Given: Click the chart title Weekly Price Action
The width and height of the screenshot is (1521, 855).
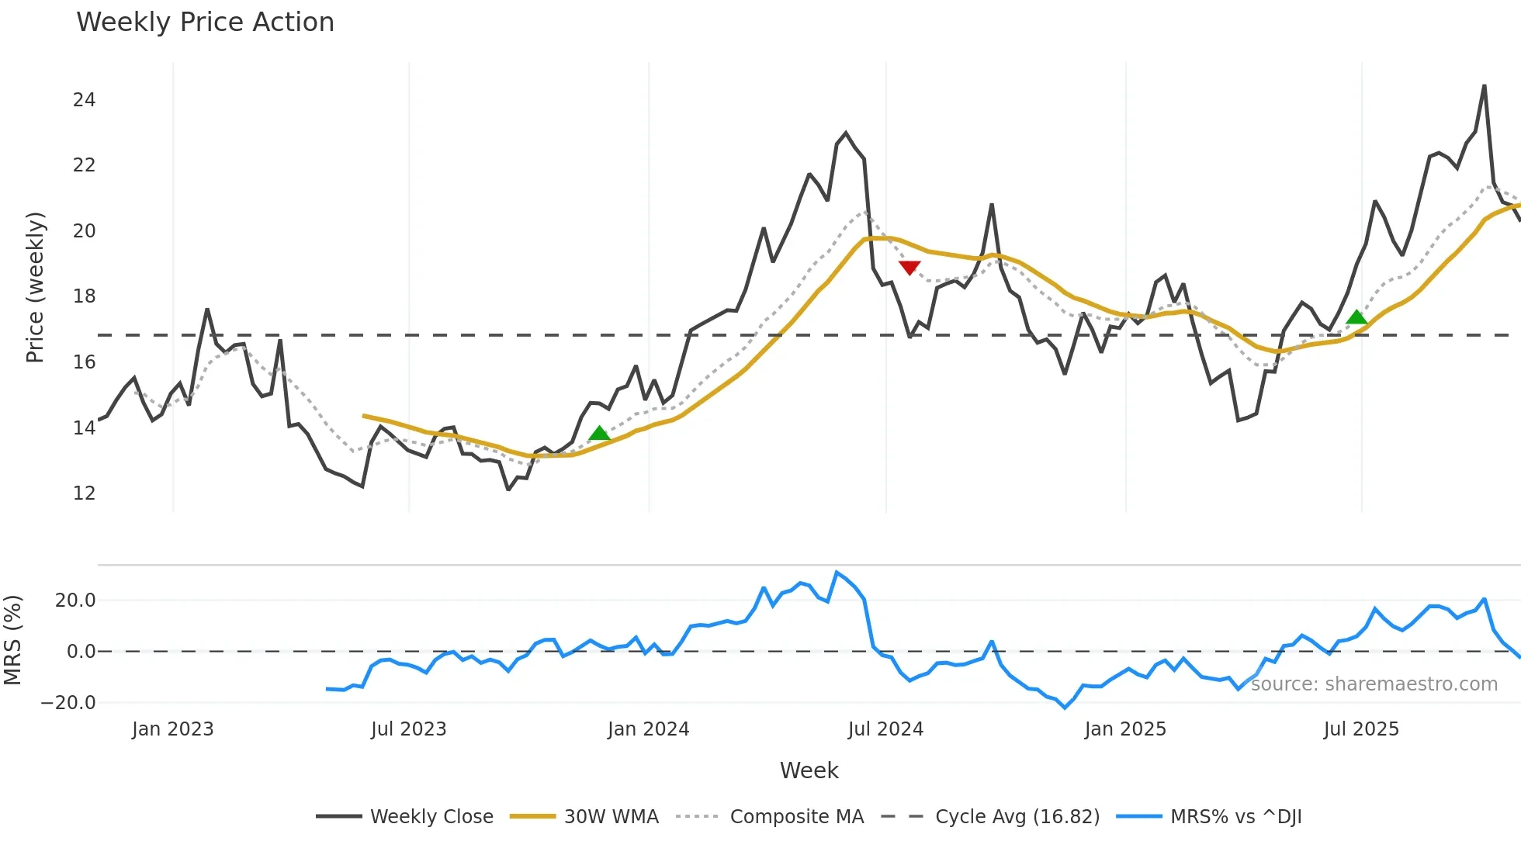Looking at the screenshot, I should pyautogui.click(x=205, y=22).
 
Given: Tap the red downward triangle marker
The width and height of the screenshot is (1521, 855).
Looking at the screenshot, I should pyautogui.click(x=909, y=268).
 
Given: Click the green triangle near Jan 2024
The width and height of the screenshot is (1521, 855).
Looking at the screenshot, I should pyautogui.click(x=599, y=433).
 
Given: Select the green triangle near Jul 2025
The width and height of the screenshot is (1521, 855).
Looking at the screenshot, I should pyautogui.click(x=1356, y=317).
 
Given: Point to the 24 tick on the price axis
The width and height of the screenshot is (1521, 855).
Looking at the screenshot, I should pyautogui.click(x=84, y=100).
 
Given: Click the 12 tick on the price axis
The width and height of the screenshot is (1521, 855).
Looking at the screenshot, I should pyautogui.click(x=84, y=493).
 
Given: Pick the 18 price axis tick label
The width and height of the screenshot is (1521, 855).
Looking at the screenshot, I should pyautogui.click(x=84, y=296).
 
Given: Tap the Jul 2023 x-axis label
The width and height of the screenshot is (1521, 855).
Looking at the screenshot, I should pyautogui.click(x=408, y=729).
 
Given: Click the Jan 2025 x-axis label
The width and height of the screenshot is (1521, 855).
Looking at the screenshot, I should pyautogui.click(x=1125, y=729).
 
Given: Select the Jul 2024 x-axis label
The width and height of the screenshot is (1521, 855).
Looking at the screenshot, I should pyautogui.click(x=885, y=729).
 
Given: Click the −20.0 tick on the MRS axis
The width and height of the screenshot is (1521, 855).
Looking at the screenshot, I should pyautogui.click(x=68, y=703).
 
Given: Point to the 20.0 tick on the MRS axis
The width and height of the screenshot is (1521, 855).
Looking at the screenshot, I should pyautogui.click(x=75, y=601).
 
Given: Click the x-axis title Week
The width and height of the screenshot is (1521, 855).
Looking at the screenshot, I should pyautogui.click(x=809, y=770).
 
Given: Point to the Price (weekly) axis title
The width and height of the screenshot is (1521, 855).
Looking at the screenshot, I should pyautogui.click(x=36, y=287).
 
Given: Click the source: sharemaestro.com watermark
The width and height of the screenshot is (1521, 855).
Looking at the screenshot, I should pyautogui.click(x=1374, y=684).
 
